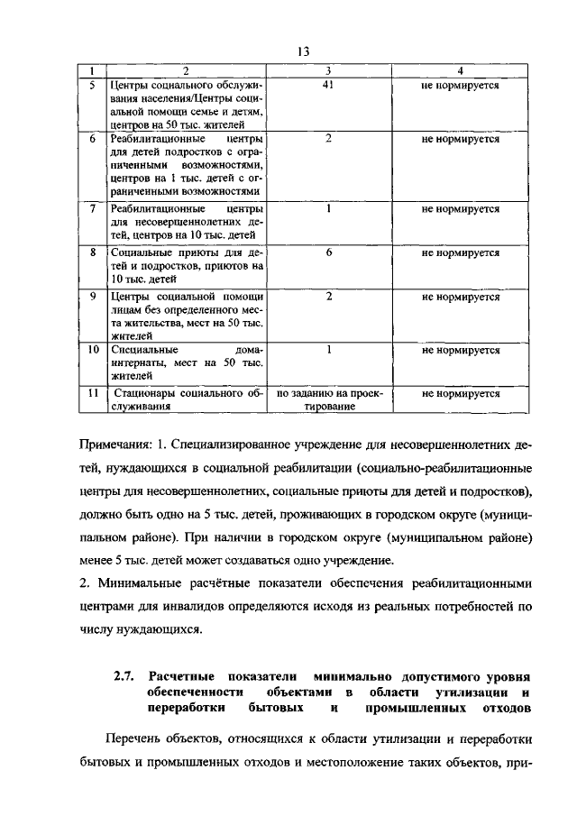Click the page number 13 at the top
coord(302,51)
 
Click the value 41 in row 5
coord(329,86)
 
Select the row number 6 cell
coord(92,140)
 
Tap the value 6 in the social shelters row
coord(329,253)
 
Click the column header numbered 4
coord(460,71)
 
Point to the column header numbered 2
coord(185,71)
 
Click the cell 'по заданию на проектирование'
coord(329,400)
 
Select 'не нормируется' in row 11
coord(460,394)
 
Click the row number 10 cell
coord(92,350)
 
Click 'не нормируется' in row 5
coord(460,86)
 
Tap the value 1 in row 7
coord(329,208)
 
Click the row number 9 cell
coord(92,297)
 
